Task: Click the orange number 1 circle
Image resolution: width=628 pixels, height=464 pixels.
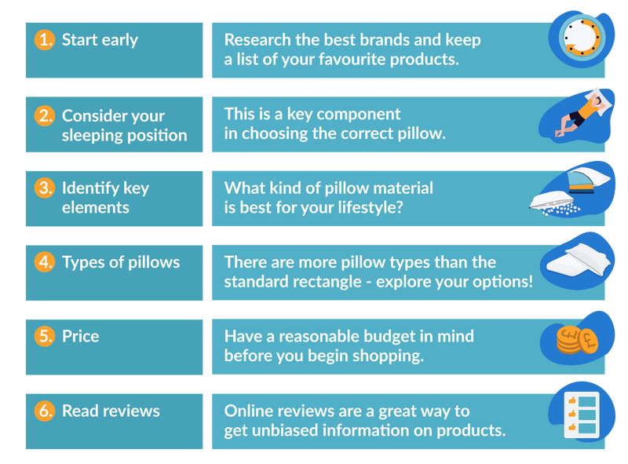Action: [45, 40]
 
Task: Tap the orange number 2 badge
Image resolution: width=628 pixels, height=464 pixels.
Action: [45, 115]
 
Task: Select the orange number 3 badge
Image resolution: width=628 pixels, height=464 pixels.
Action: [45, 188]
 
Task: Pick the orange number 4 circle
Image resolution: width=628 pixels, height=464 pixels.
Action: [45, 262]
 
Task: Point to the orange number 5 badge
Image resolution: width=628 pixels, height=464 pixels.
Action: [45, 336]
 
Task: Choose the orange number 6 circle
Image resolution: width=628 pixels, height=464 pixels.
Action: [45, 411]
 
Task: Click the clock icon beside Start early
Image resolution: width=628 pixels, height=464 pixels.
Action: [582, 38]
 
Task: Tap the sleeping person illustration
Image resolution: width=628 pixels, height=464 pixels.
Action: [583, 113]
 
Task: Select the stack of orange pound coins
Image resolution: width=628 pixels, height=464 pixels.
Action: [577, 340]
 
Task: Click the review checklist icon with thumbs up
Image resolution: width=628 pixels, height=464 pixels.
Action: [582, 415]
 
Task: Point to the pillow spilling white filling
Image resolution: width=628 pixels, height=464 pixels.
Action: [554, 203]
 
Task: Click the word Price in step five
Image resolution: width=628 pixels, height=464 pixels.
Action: [81, 336]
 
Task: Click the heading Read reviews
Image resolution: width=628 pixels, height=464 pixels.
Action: [111, 411]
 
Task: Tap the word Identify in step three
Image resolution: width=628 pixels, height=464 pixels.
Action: [90, 188]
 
